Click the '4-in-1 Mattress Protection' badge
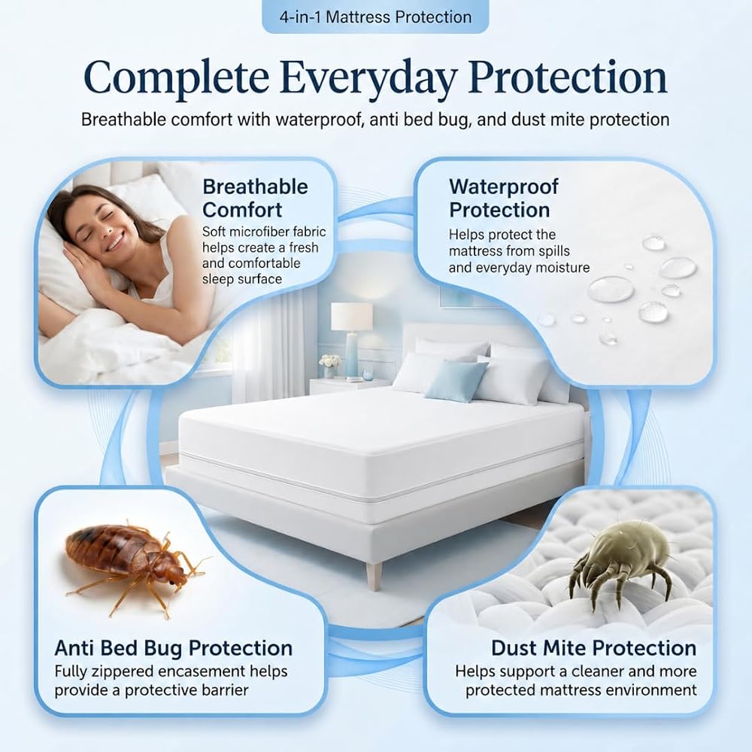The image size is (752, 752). tap(375, 17)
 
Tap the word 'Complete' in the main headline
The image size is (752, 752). tap(176, 77)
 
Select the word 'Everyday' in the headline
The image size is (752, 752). tap(368, 77)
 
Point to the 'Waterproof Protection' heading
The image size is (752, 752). tap(504, 198)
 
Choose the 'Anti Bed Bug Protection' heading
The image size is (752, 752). tap(174, 648)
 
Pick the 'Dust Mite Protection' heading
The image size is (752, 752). tap(594, 648)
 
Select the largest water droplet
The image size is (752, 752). tap(611, 289)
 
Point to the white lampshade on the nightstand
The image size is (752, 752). tap(351, 316)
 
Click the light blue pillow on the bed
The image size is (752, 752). tap(456, 381)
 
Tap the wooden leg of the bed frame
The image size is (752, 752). tap(374, 576)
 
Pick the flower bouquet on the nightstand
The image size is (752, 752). tap(329, 361)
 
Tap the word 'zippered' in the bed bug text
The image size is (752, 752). tap(112, 672)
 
